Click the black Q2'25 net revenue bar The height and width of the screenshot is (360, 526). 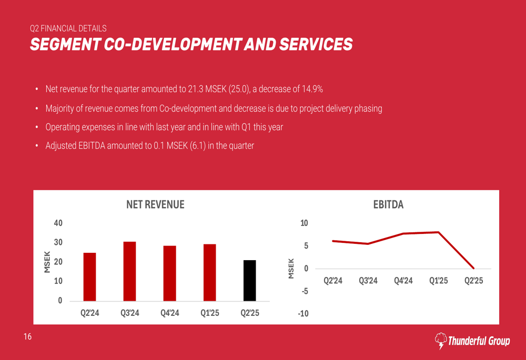250,281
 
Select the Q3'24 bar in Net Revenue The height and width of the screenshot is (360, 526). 129,271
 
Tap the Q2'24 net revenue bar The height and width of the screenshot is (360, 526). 89,277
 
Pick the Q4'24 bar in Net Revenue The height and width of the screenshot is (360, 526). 169,273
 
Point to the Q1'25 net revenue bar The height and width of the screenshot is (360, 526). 209,272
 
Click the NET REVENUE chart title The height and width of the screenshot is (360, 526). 155,205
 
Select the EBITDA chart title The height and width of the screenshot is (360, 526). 388,205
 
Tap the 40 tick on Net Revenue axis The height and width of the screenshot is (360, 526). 58,223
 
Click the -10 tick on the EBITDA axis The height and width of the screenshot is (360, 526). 304,314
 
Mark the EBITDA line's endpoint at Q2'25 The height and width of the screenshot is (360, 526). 473,268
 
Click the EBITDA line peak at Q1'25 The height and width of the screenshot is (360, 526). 438,232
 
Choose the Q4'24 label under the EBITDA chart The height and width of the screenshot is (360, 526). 403,281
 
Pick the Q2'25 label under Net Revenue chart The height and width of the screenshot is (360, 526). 250,313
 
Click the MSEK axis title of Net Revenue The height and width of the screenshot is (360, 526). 46,262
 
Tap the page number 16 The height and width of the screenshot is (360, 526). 27,337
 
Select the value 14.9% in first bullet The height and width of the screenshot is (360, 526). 312,89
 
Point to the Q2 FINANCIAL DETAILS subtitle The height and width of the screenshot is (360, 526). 68,28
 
